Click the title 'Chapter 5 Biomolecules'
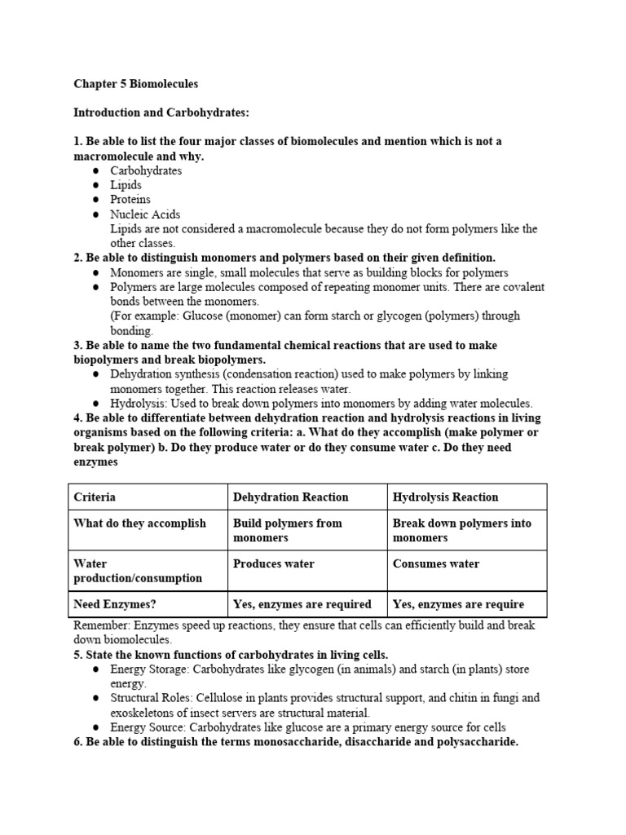pyautogui.click(x=135, y=83)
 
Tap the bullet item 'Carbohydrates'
pyautogui.click(x=146, y=170)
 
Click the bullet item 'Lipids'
pyautogui.click(x=126, y=185)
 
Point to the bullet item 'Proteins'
pyautogui.click(x=130, y=200)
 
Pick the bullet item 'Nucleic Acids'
pyautogui.click(x=145, y=214)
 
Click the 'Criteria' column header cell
pyautogui.click(x=95, y=497)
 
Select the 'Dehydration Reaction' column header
pyautogui.click(x=290, y=497)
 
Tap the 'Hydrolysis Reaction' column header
pyautogui.click(x=445, y=497)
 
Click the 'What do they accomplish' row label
pyautogui.click(x=139, y=524)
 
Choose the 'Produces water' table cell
pyautogui.click(x=273, y=563)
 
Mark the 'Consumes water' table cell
pyautogui.click(x=436, y=563)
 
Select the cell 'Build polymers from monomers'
pyautogui.click(x=287, y=530)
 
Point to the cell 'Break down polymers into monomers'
pyautogui.click(x=461, y=530)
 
